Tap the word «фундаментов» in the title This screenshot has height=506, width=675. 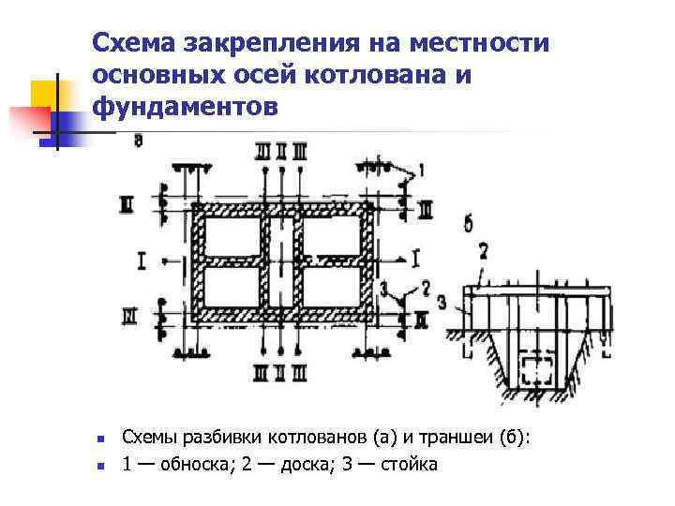click(186, 107)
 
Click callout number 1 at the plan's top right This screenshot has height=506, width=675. click(421, 171)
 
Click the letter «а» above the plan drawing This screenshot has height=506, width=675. click(139, 141)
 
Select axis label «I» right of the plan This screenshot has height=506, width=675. click(413, 257)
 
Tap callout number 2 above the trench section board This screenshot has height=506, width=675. click(483, 252)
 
